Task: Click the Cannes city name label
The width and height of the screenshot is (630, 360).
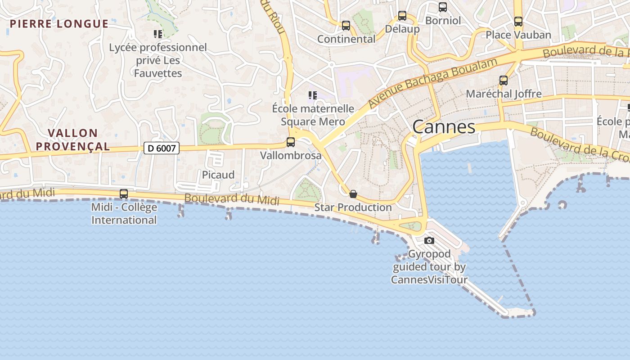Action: (x=444, y=127)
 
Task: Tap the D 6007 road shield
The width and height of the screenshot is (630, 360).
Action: (x=162, y=148)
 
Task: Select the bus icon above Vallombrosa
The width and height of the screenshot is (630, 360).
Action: (x=291, y=142)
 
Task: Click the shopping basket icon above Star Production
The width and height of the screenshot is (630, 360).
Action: (x=353, y=194)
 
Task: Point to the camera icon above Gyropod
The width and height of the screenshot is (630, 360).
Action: (x=429, y=240)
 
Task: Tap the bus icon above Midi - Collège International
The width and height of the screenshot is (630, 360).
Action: (x=124, y=194)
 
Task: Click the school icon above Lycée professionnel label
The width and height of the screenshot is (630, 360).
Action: (x=158, y=34)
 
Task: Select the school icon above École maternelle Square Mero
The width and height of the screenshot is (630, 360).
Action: (x=313, y=95)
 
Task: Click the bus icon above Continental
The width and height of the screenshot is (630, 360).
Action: (x=346, y=26)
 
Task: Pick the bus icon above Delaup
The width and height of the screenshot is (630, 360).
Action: (x=402, y=16)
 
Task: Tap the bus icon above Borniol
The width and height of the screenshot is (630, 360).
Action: (x=443, y=7)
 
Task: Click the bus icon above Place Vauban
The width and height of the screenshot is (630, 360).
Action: (x=518, y=22)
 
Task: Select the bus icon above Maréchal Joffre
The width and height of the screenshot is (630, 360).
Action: (x=504, y=81)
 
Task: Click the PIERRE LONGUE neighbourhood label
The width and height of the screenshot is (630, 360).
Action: (x=59, y=24)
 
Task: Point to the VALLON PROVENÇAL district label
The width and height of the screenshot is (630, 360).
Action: (x=73, y=139)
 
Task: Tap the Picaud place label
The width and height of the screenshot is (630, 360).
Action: (x=218, y=175)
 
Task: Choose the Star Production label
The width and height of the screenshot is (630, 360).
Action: (x=353, y=207)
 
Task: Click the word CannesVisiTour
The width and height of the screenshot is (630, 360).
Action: (x=429, y=279)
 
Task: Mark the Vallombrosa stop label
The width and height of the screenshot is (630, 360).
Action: (x=291, y=156)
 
